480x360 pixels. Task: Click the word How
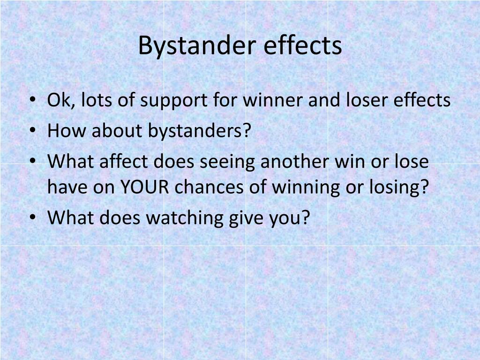click(x=67, y=131)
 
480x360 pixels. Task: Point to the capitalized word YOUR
click(x=144, y=187)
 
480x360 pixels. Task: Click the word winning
click(x=306, y=188)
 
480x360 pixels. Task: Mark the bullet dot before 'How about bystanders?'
click(x=33, y=130)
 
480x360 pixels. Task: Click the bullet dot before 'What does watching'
click(x=33, y=217)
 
